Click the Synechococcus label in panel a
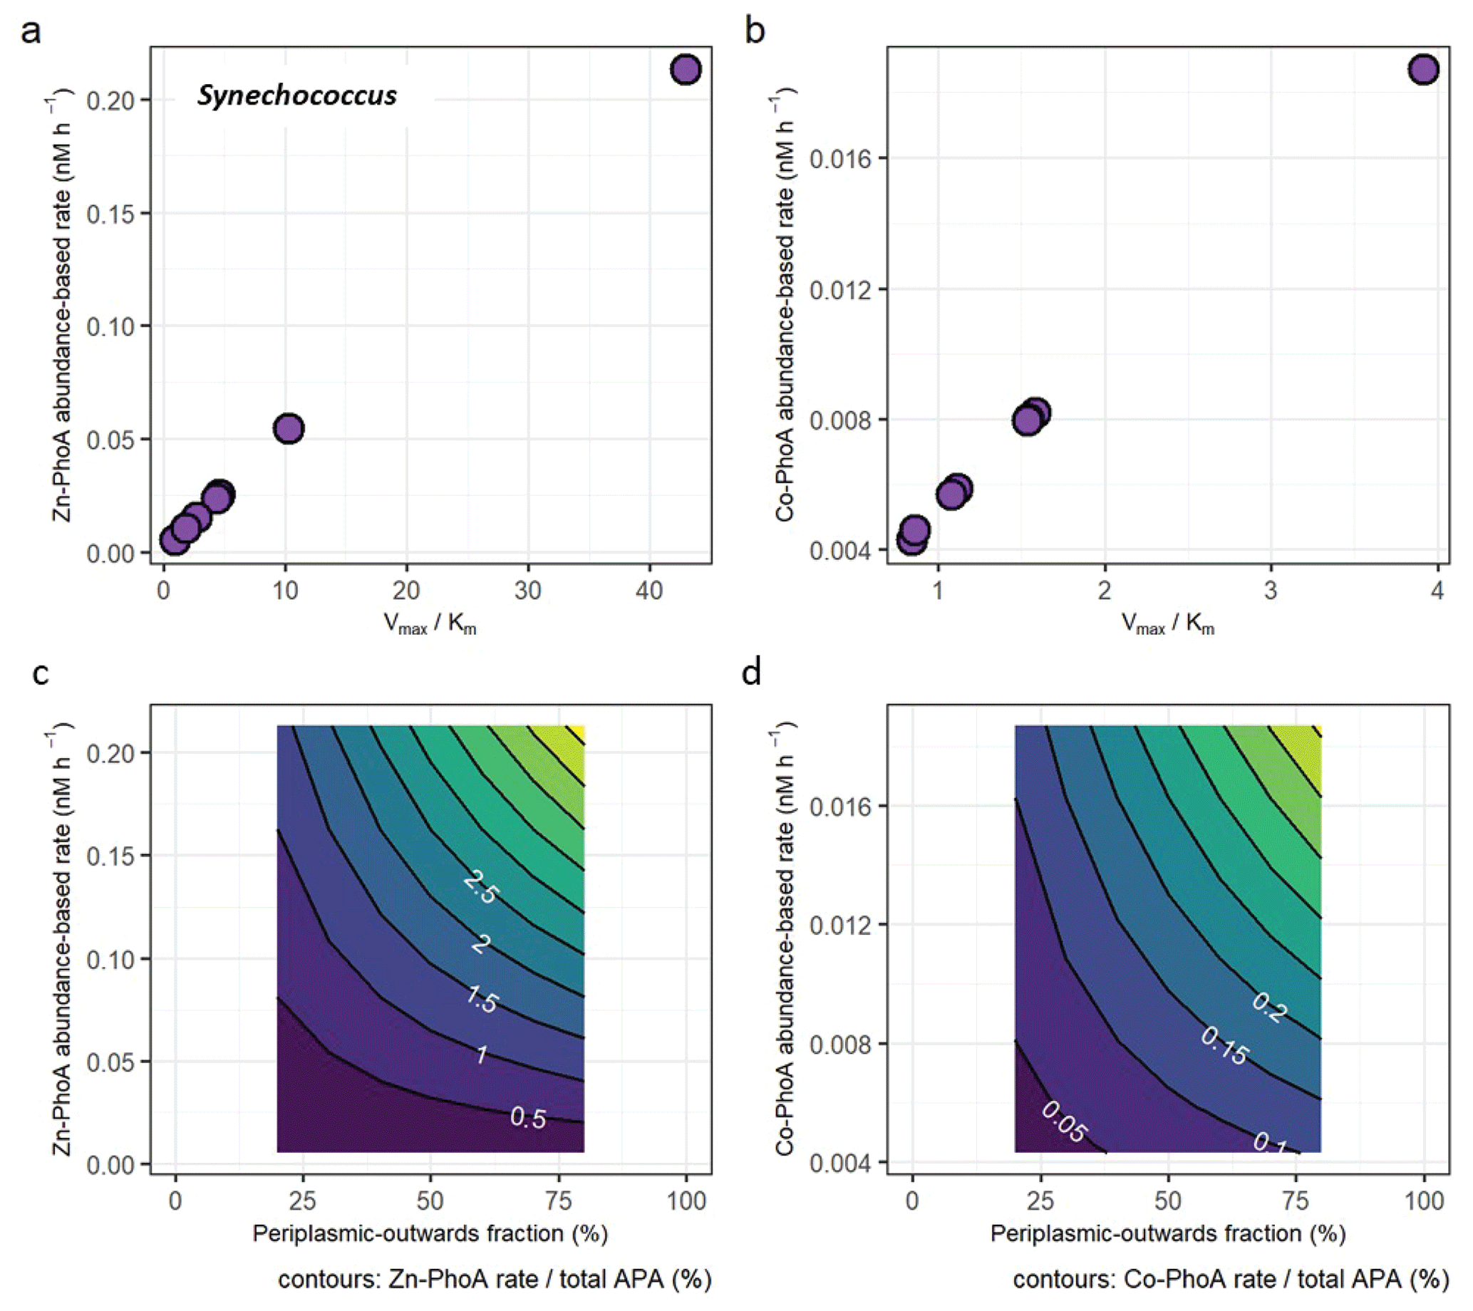tap(297, 95)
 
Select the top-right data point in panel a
tap(686, 70)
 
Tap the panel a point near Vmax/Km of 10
tap(289, 429)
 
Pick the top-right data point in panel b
tap(1423, 70)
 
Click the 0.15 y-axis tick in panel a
tap(110, 214)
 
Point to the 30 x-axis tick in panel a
tap(527, 591)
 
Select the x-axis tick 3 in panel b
tap(1271, 591)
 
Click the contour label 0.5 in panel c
tap(527, 1117)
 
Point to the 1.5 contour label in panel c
tap(482, 1000)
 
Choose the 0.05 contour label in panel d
tap(1064, 1121)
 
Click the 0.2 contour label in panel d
tap(1269, 1007)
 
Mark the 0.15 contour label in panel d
tap(1224, 1046)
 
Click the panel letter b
tap(755, 31)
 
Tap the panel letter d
tap(752, 673)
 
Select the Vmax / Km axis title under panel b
tap(1167, 624)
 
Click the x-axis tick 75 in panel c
tap(559, 1201)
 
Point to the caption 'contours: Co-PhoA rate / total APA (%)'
tap(1230, 1280)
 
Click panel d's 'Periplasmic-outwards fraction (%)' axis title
tap(1167, 1234)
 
